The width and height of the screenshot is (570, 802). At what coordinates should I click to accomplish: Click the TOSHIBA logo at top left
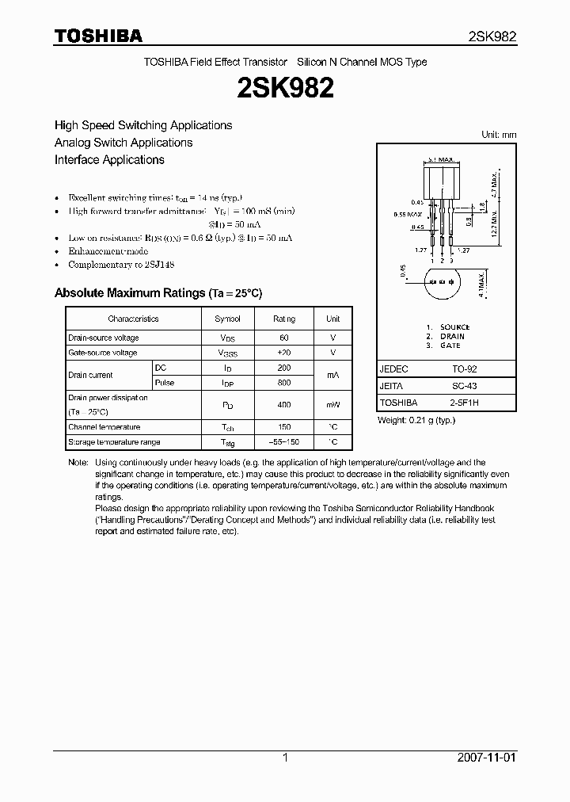click(98, 36)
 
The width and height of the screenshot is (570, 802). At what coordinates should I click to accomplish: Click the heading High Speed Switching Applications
click(143, 125)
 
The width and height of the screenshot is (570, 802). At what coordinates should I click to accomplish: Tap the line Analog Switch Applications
click(123, 143)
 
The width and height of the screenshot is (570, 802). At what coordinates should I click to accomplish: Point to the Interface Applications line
click(109, 159)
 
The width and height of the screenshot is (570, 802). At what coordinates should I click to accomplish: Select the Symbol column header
click(227, 319)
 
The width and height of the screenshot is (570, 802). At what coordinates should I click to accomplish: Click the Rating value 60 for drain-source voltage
click(284, 338)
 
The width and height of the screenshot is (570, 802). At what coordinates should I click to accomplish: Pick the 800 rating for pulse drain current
click(284, 383)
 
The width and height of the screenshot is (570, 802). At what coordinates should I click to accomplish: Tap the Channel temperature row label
click(104, 427)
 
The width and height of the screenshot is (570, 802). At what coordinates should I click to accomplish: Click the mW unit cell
click(332, 405)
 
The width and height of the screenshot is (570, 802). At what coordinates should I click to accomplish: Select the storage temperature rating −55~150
click(284, 442)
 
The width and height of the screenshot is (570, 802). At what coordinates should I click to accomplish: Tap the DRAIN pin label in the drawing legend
click(452, 336)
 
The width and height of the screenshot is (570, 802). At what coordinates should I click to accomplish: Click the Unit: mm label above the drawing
click(499, 135)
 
